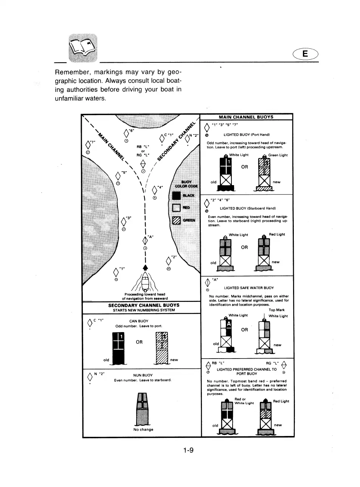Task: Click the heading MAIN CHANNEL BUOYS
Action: point(246,117)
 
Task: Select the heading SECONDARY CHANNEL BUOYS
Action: point(144,305)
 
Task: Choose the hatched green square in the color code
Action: point(176,220)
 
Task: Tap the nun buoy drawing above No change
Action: point(143,410)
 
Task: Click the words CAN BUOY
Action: point(138,321)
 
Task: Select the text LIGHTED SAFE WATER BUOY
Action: point(248,288)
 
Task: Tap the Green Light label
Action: point(278,155)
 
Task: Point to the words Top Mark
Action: point(277,310)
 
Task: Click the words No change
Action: point(143,430)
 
